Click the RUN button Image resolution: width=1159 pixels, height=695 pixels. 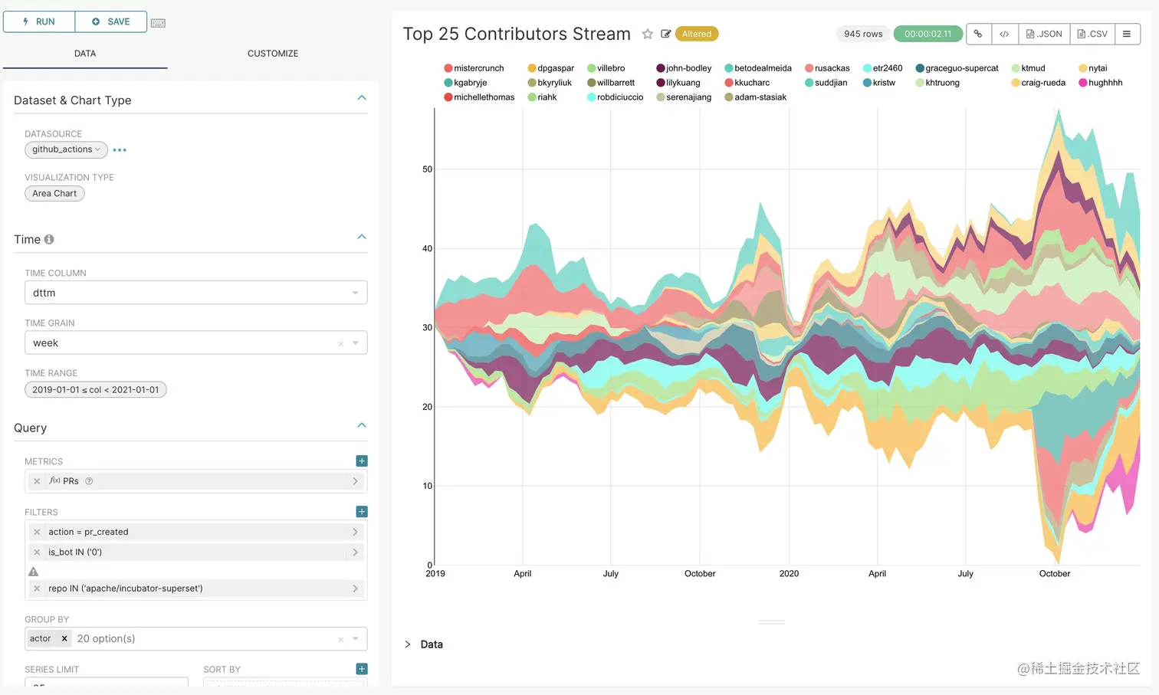coord(39,21)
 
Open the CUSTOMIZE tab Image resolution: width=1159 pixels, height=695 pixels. coord(272,54)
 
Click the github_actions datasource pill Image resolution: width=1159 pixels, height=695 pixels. coord(65,149)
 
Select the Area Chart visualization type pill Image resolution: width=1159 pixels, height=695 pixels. coord(54,194)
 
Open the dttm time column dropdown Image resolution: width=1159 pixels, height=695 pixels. coord(195,293)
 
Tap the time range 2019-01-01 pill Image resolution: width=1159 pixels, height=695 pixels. coord(96,390)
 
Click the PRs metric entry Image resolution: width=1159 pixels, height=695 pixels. coord(195,481)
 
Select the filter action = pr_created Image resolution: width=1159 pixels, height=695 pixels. coord(195,532)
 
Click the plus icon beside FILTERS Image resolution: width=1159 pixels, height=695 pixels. coord(362,512)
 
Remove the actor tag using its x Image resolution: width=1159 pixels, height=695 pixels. coord(64,639)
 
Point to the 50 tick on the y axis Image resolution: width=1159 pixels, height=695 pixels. coord(427,169)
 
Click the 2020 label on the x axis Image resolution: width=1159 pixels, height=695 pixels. coord(789,574)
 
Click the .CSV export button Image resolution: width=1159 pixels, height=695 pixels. coord(1092,34)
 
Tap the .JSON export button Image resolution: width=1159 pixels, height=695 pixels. coord(1044,34)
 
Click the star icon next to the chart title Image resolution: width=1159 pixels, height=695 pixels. coord(648,34)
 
